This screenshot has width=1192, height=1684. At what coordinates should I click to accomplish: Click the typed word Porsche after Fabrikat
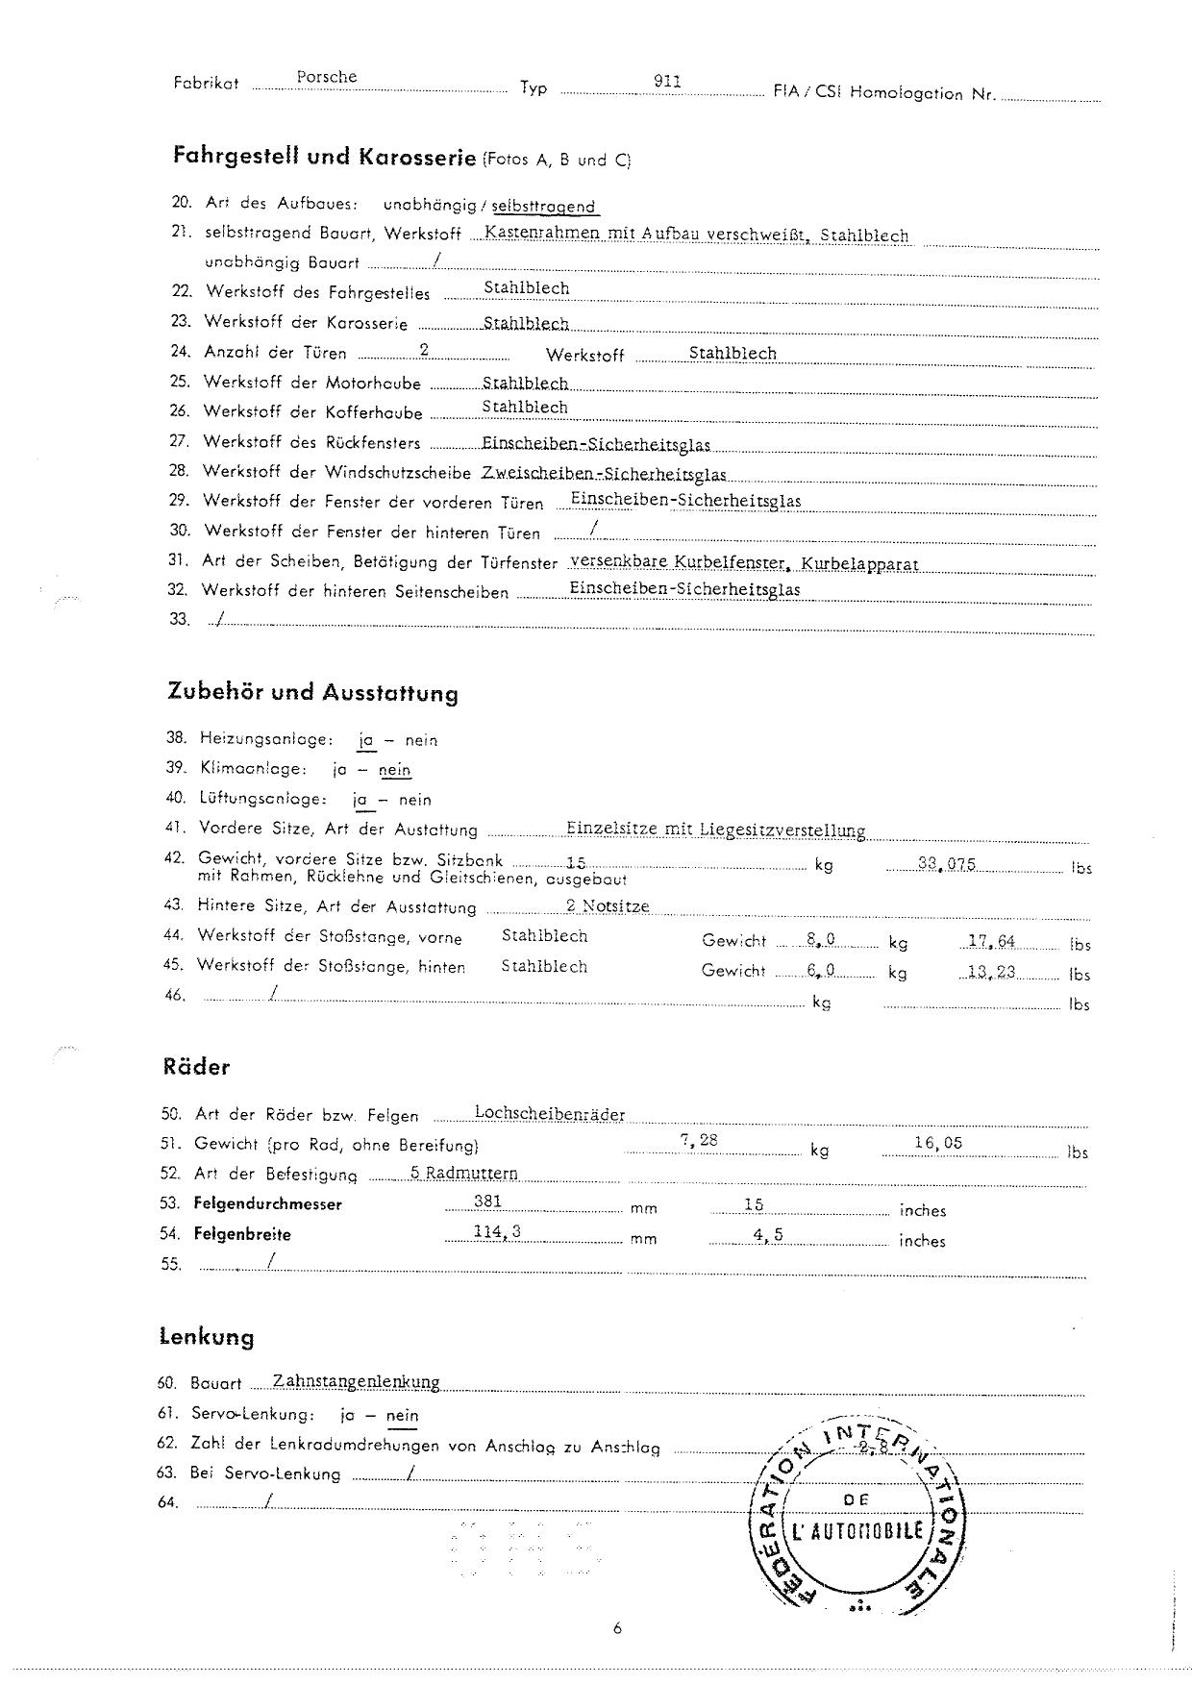(327, 77)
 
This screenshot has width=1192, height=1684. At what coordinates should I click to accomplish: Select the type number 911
(667, 81)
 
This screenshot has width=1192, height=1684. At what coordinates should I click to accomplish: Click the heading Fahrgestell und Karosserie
(324, 156)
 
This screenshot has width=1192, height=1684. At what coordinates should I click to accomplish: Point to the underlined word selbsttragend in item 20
(544, 207)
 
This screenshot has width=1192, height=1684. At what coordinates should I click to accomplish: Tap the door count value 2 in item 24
(424, 351)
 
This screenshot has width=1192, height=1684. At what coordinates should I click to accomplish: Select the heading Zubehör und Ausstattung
(312, 693)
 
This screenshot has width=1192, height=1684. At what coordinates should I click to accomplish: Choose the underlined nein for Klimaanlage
(394, 770)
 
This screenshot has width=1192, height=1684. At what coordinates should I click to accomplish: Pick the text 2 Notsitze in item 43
(608, 905)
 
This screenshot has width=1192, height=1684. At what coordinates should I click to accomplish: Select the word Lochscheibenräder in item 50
(550, 1114)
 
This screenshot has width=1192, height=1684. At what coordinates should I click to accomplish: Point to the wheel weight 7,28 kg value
(699, 1141)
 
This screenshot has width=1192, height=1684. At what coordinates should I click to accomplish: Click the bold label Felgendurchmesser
(267, 1203)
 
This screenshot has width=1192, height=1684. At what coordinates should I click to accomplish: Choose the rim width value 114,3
(497, 1232)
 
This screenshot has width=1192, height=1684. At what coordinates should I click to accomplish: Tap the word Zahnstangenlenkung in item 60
(356, 1381)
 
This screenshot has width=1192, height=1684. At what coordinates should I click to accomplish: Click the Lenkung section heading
(206, 1337)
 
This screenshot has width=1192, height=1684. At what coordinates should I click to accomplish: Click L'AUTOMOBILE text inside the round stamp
(858, 1532)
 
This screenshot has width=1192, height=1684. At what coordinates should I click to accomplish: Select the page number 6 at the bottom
(617, 1628)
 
